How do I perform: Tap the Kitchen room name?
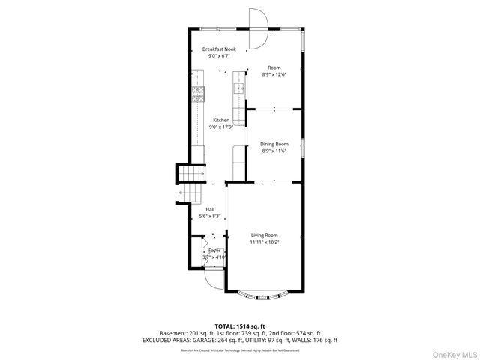(x=220, y=121)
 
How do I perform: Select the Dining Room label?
(x=274, y=144)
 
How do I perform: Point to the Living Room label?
(x=264, y=235)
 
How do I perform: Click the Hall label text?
(x=210, y=210)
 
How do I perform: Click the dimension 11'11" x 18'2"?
(x=264, y=242)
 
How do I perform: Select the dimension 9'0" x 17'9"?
(x=220, y=127)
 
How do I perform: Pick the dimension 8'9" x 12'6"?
(x=274, y=74)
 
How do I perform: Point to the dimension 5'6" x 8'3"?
(x=210, y=217)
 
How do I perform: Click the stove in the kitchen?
(x=198, y=94)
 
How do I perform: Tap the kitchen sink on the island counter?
(x=240, y=88)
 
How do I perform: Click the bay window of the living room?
(x=264, y=295)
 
